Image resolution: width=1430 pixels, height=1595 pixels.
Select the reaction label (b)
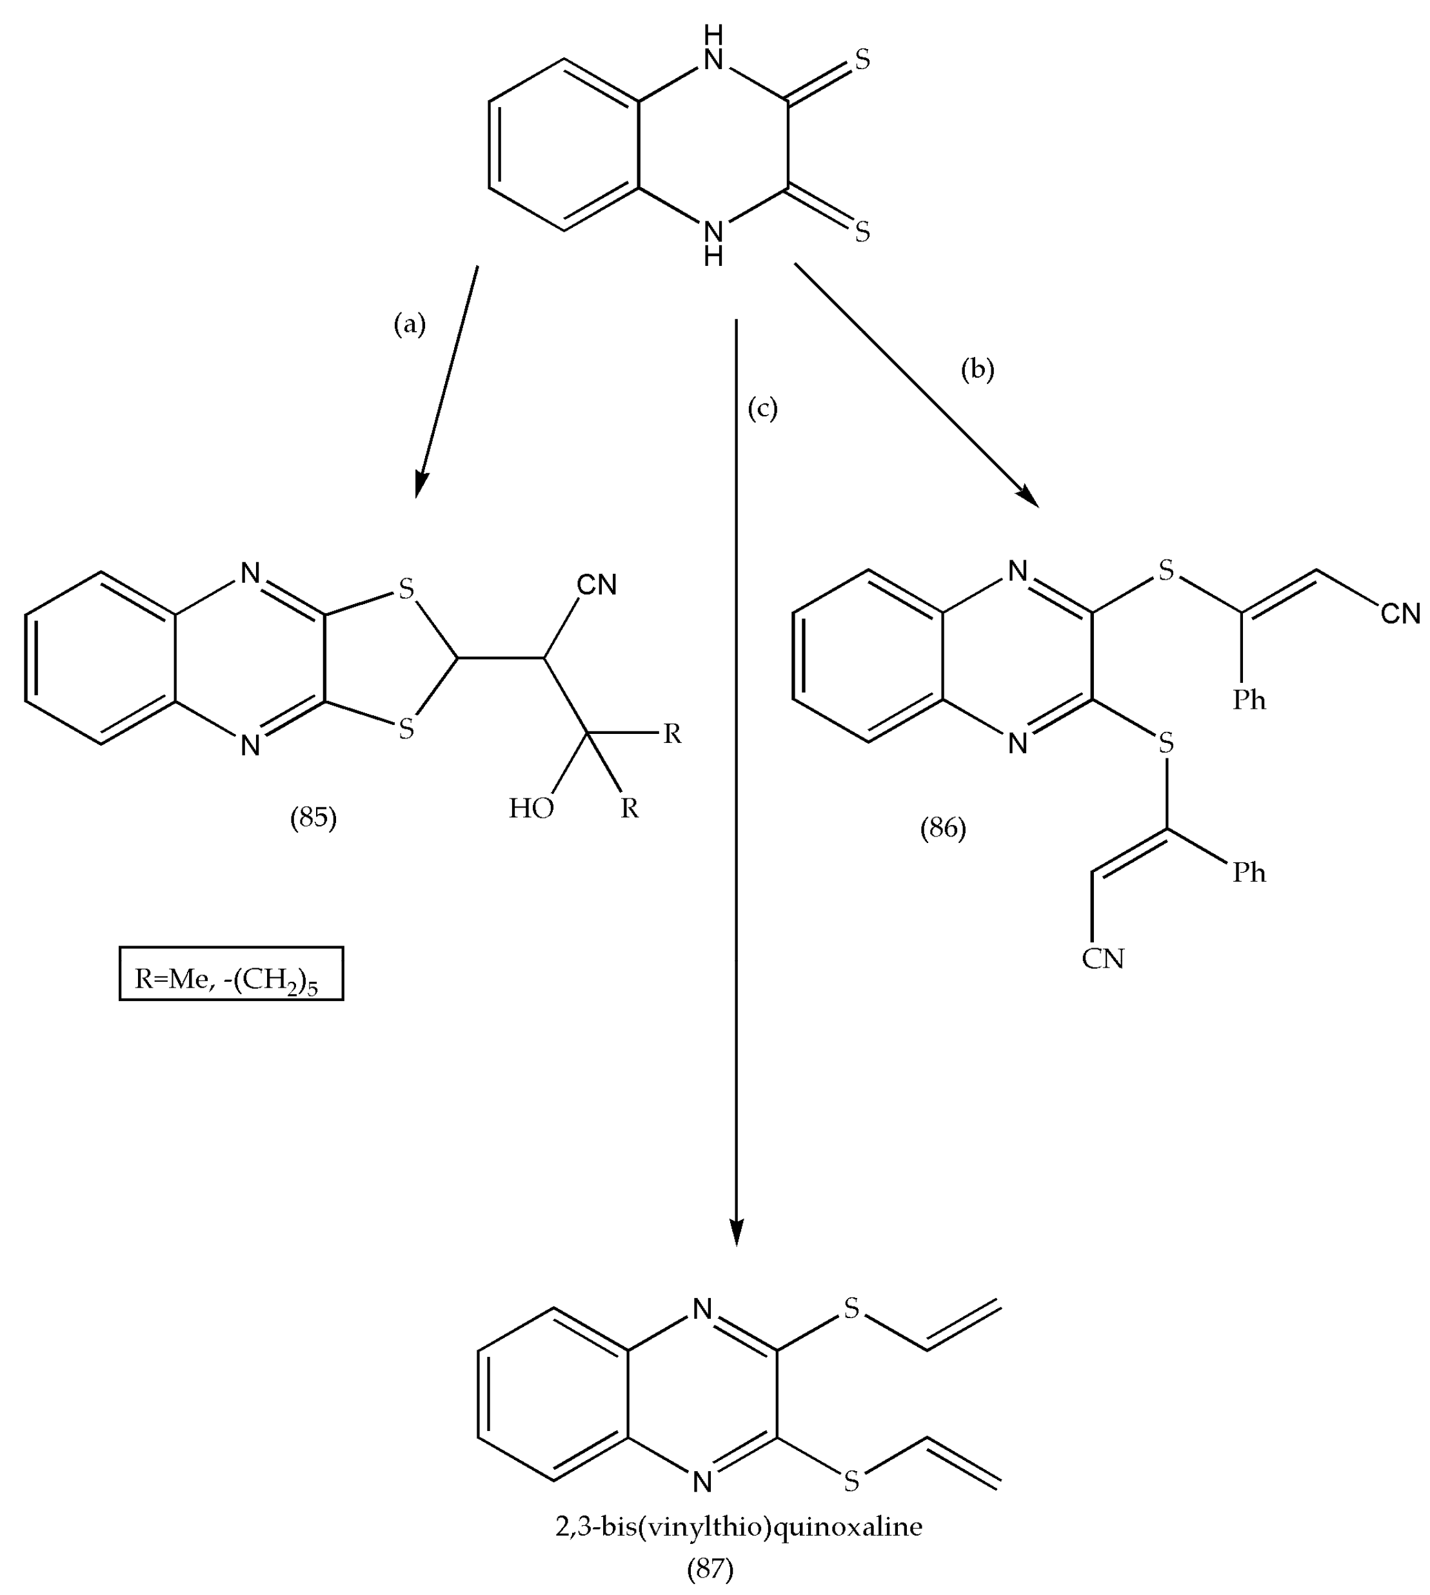click(x=977, y=369)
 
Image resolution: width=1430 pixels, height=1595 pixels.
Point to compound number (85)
click(x=313, y=818)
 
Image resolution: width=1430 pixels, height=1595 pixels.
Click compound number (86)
click(x=943, y=828)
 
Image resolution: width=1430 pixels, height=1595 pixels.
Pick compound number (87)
click(x=710, y=1569)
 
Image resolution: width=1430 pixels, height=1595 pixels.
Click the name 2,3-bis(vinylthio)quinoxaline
click(x=739, y=1527)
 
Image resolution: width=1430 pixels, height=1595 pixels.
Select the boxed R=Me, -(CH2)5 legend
click(x=231, y=974)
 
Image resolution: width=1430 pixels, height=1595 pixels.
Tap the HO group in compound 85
click(x=531, y=808)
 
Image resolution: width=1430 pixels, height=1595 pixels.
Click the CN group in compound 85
click(x=597, y=585)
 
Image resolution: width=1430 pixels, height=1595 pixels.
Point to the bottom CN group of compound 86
click(x=1103, y=959)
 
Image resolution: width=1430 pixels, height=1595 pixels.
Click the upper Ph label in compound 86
click(x=1249, y=699)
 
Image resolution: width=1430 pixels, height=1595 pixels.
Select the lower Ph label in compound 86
click(x=1249, y=872)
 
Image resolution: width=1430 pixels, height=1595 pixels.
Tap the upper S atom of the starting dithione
click(x=862, y=60)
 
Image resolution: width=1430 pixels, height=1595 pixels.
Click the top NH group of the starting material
click(x=713, y=49)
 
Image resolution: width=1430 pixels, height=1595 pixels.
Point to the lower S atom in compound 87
click(x=851, y=1482)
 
